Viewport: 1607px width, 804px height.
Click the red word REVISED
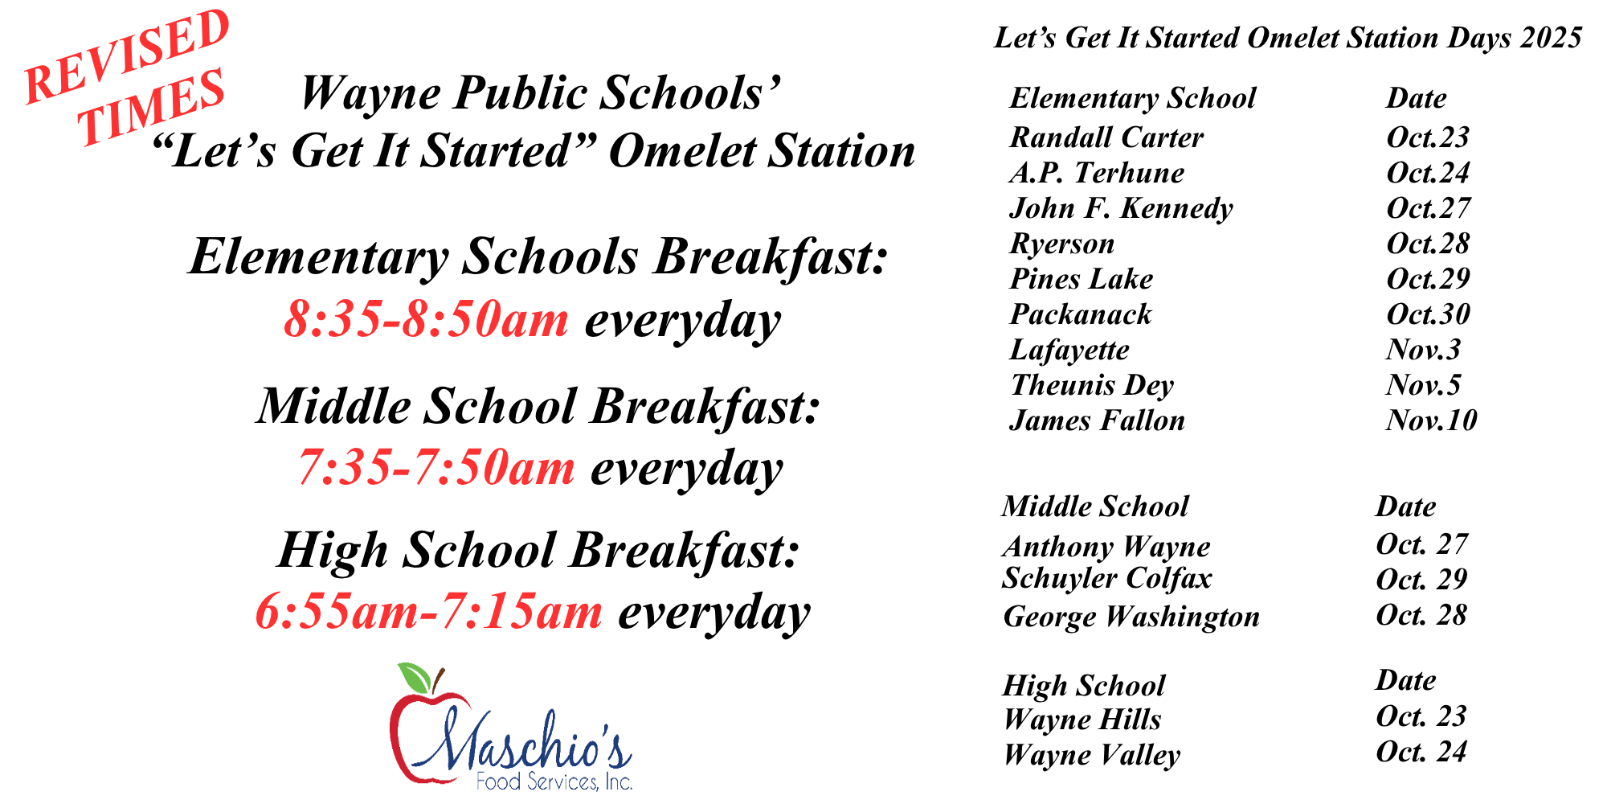coord(127,56)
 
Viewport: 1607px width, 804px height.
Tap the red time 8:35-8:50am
coord(427,319)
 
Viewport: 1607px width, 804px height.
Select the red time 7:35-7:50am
coord(436,467)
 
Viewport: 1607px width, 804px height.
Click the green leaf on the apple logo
coord(415,678)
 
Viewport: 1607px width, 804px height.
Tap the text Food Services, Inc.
coord(554,781)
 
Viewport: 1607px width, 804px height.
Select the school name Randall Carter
coord(1106,137)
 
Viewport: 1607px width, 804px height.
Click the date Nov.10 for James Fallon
coord(1432,420)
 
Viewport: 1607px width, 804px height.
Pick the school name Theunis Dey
coord(1092,385)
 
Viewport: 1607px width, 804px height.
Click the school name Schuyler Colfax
coord(1106,579)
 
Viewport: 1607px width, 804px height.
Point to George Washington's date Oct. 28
coord(1421,615)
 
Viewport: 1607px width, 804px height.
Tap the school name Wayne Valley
coord(1092,755)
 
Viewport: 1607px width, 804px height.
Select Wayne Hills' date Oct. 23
coord(1421,716)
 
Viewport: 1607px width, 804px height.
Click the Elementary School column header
coord(1133,99)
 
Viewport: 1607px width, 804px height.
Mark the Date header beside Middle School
coord(1406,507)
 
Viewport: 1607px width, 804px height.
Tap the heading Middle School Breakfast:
coord(539,406)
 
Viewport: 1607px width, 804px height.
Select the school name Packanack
coord(1081,314)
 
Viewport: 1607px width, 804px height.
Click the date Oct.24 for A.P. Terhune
coord(1428,173)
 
